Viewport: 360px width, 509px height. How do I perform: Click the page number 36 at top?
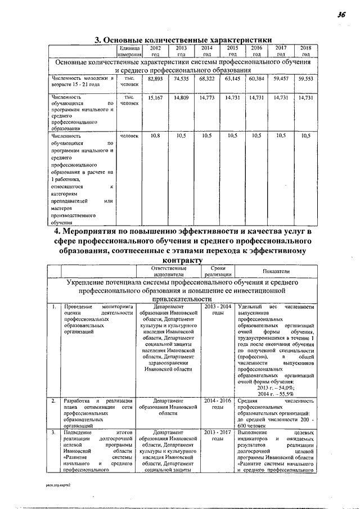(341, 16)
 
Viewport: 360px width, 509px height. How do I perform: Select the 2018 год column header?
(305, 52)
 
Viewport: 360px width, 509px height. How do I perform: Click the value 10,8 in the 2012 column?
(155, 136)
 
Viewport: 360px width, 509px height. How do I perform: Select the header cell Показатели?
(276, 272)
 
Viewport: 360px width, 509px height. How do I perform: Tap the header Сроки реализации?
(218, 272)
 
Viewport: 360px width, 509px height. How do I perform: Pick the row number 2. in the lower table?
(53, 401)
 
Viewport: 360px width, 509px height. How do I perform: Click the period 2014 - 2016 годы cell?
(218, 404)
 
